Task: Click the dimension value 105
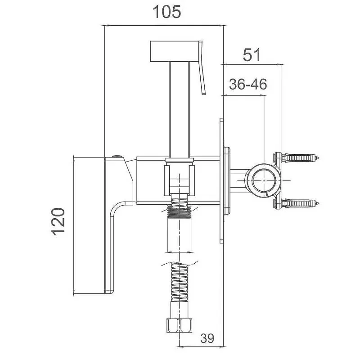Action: tap(166, 12)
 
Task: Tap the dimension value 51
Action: tap(252, 54)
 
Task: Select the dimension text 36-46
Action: tap(248, 84)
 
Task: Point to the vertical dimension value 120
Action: tap(58, 221)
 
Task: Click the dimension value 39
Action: tap(207, 338)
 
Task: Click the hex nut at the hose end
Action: tap(179, 325)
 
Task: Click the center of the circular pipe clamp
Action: tap(264, 181)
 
